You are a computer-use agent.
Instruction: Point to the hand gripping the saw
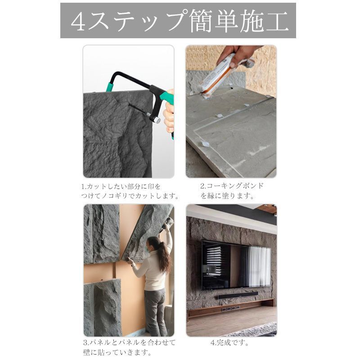click(x=169, y=116)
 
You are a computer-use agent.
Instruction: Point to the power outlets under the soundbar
click(x=230, y=309)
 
